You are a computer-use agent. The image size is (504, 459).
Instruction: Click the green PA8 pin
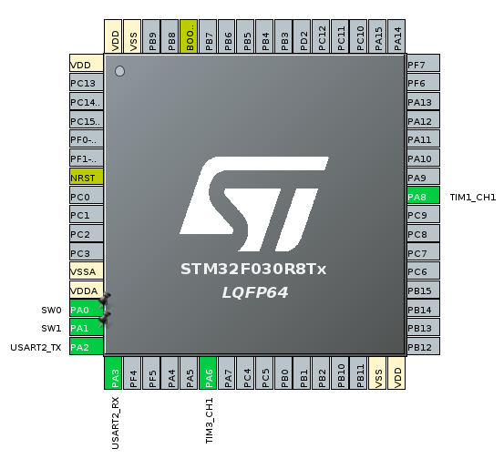tap(423, 195)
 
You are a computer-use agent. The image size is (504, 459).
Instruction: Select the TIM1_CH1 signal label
tap(472, 198)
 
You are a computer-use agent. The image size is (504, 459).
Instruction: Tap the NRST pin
tap(87, 177)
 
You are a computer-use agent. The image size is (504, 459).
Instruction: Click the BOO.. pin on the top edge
tap(189, 36)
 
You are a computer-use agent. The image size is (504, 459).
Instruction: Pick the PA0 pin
tap(87, 308)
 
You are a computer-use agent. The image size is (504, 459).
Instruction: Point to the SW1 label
tap(51, 328)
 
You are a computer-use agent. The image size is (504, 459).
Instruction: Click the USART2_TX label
tap(36, 348)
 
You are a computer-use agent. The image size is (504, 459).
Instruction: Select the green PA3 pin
tap(113, 372)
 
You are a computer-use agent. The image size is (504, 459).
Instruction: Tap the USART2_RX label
tap(115, 423)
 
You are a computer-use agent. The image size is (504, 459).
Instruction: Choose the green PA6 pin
tap(208, 372)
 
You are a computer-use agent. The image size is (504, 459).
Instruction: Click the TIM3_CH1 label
tap(210, 421)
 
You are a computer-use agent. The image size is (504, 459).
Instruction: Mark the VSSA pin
tap(87, 270)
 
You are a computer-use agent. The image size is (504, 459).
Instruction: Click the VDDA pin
tap(87, 290)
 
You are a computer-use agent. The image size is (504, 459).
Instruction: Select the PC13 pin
tap(87, 82)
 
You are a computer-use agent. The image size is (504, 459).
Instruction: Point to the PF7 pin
tap(423, 63)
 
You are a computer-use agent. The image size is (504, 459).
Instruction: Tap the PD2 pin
tap(302, 36)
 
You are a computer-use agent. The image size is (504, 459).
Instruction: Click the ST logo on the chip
tap(254, 204)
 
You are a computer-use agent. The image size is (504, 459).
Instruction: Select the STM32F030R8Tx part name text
tap(253, 270)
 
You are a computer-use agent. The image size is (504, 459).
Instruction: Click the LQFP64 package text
tap(255, 292)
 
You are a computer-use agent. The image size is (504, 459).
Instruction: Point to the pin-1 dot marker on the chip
tap(119, 71)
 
